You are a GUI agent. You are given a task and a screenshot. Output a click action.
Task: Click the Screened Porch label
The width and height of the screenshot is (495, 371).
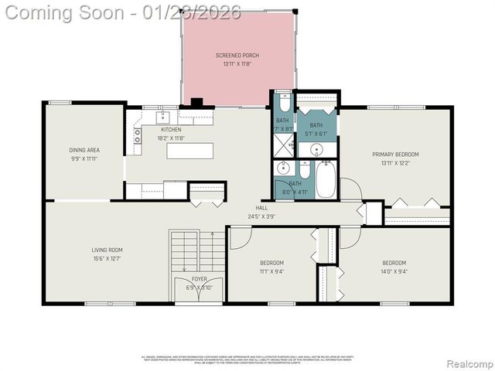pyautogui.click(x=237, y=56)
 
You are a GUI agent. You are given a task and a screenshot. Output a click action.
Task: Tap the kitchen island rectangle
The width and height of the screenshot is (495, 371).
pyautogui.click(x=189, y=151)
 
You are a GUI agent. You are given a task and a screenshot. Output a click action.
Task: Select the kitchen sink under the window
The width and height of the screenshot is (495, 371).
pyautogui.click(x=163, y=117)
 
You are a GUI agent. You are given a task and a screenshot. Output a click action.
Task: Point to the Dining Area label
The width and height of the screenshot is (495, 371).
pyautogui.click(x=84, y=150)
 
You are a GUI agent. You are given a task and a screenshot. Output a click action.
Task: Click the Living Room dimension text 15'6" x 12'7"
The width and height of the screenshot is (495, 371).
pyautogui.click(x=107, y=258)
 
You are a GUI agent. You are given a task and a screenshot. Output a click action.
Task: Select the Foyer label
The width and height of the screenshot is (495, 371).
pyautogui.click(x=200, y=279)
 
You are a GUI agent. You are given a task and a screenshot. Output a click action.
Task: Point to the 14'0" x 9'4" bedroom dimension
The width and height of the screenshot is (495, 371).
pyautogui.click(x=394, y=271)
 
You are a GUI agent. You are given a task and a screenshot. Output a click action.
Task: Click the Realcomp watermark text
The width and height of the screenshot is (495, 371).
pyautogui.click(x=470, y=364)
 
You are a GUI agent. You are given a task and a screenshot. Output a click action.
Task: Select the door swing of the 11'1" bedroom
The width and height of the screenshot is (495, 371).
pyautogui.click(x=238, y=238)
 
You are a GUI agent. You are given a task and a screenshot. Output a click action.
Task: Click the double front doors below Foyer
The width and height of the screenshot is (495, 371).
pyautogui.click(x=200, y=301)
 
